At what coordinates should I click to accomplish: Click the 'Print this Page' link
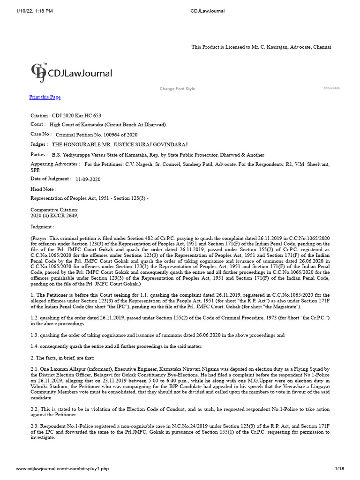point(45,97)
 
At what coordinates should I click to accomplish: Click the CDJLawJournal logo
point(72,73)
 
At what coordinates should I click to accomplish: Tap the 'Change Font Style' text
point(177,89)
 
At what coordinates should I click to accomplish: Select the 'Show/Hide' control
point(331,88)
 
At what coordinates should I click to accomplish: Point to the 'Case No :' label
point(40,134)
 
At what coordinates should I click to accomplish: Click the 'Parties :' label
point(39,154)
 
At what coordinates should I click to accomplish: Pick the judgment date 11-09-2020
point(88,179)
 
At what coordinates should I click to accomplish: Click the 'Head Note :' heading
point(43,189)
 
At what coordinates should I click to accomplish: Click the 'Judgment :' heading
point(42,226)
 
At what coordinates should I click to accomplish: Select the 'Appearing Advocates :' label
point(55,164)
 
